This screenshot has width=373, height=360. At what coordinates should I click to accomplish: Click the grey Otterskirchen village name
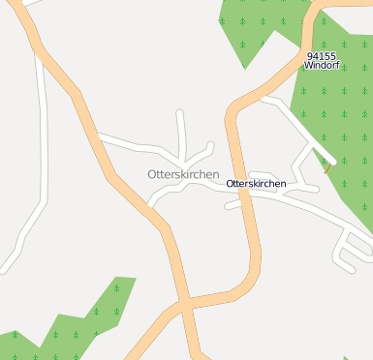coord(183,174)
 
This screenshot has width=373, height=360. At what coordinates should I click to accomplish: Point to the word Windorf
coord(322,66)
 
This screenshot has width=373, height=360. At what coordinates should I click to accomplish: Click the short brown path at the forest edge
coord(327,166)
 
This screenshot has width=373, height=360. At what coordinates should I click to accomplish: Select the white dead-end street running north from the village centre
coord(180,131)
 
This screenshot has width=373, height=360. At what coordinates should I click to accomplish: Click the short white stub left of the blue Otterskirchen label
coord(233,204)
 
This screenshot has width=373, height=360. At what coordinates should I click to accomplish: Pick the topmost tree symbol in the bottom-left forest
coord(116,287)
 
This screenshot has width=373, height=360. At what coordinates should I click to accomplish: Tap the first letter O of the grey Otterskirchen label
coord(152,174)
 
